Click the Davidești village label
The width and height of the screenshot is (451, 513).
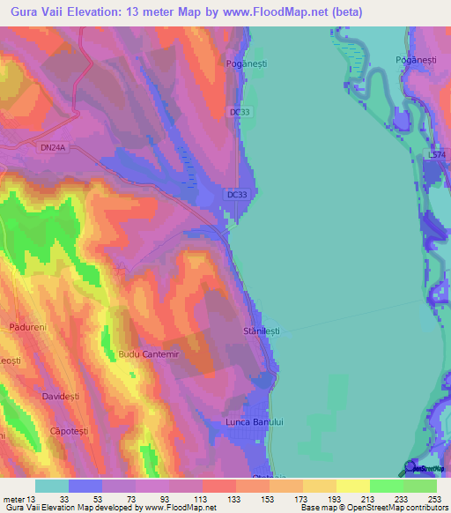click(60, 397)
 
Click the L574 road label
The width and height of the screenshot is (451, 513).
click(437, 155)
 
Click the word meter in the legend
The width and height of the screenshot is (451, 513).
click(14, 498)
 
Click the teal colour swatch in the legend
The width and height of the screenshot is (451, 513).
click(52, 486)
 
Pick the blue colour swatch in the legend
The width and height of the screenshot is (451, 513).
click(85, 486)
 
